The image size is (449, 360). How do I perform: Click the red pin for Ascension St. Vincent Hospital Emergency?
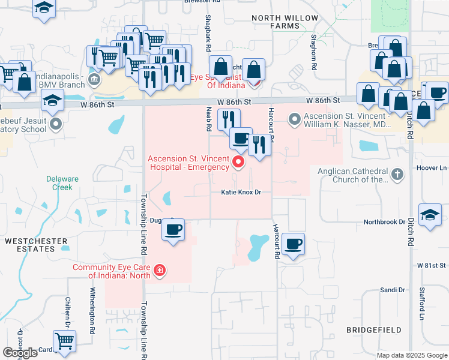(239, 162)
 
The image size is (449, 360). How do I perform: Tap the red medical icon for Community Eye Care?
(159, 271)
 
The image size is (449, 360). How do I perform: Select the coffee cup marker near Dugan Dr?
(173, 231)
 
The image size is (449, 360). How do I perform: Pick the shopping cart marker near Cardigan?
(64, 341)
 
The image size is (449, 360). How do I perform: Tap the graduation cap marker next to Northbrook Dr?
(430, 217)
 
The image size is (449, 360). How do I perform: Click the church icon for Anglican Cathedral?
(396, 175)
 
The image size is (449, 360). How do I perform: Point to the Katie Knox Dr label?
(241, 193)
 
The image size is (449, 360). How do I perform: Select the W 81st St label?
(430, 265)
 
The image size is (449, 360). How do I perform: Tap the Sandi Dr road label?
(393, 290)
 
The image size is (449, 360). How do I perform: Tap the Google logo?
(20, 353)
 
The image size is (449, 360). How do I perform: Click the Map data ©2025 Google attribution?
(411, 355)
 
